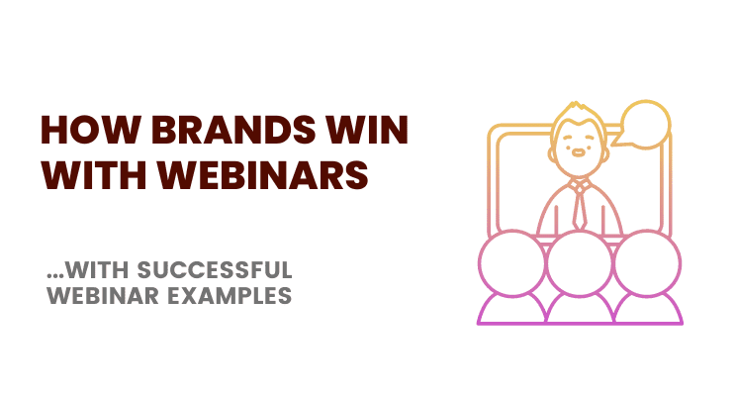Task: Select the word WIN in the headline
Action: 369,133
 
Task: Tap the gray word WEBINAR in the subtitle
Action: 103,295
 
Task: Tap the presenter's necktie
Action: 580,208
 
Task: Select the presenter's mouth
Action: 580,156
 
